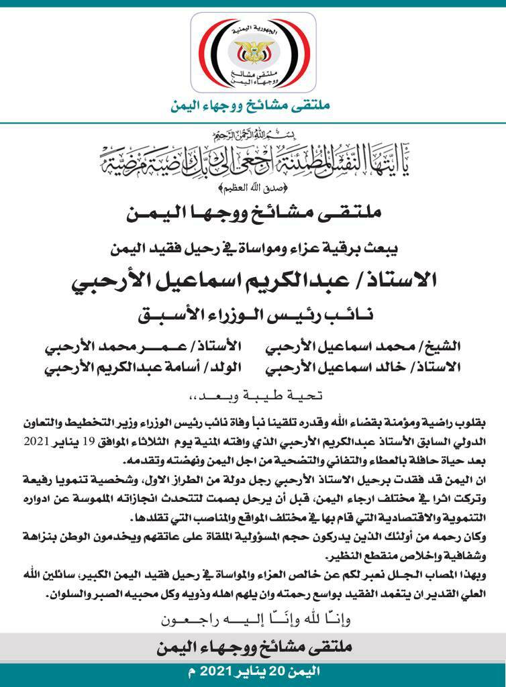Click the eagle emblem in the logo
(253, 48)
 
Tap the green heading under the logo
(253, 105)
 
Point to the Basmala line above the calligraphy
(253, 134)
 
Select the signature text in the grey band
(253, 649)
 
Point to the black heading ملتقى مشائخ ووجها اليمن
(253, 215)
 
